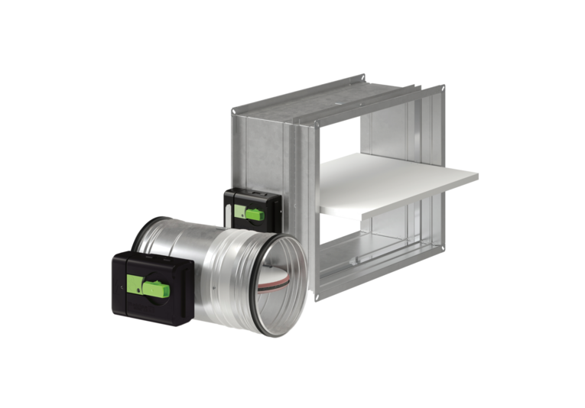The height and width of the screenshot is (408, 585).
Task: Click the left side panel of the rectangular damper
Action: tap(256, 153)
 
